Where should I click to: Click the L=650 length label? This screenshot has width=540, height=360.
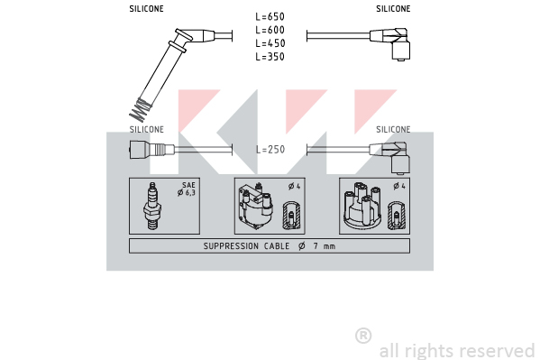(x=270, y=16)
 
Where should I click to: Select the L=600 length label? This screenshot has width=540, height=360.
(x=270, y=30)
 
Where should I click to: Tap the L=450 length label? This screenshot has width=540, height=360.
(x=270, y=43)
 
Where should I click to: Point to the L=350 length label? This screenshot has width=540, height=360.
(x=270, y=57)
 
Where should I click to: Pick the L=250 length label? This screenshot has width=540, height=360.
(x=270, y=149)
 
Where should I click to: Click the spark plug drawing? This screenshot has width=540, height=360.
(x=152, y=207)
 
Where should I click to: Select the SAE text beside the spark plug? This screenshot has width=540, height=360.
(x=188, y=185)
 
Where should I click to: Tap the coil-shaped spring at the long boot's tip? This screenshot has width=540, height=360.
(x=140, y=110)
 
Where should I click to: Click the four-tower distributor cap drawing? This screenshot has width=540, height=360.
(x=362, y=206)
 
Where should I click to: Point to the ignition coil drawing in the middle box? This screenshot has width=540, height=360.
(x=256, y=207)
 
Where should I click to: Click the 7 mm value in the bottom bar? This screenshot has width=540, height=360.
(x=325, y=246)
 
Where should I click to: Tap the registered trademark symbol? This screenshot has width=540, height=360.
(x=363, y=336)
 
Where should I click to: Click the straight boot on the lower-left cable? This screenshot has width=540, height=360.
(x=151, y=149)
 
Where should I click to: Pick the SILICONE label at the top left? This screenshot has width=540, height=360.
(x=146, y=9)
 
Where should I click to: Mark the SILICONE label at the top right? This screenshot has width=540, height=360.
(x=393, y=9)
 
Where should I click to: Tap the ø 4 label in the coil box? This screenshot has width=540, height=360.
(x=295, y=186)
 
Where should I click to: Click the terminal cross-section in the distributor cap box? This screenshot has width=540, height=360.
(x=397, y=216)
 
